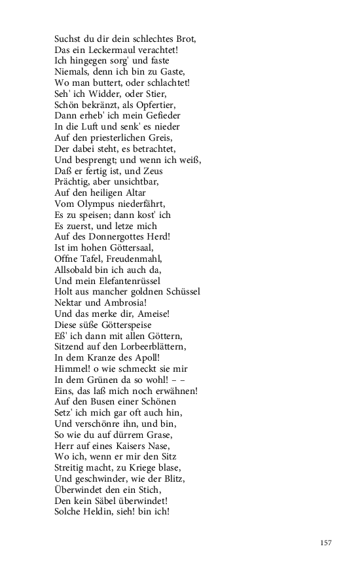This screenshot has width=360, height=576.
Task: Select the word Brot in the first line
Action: [185, 39]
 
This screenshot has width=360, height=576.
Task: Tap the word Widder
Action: [99, 93]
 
